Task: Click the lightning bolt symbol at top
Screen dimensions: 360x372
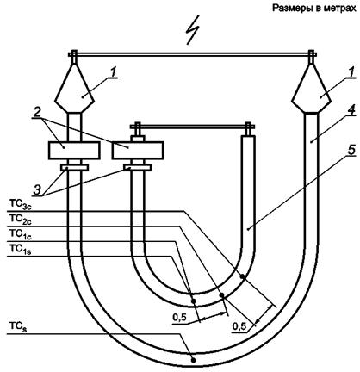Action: point(193,30)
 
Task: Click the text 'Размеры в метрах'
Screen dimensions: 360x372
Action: point(314,9)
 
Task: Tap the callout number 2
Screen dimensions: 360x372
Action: point(37,113)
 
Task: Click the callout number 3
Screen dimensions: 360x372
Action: point(37,190)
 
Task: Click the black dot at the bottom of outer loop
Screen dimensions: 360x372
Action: point(194,360)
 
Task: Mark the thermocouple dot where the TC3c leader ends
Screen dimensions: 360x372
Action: point(242,276)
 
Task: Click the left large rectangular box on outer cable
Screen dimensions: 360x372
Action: point(74,150)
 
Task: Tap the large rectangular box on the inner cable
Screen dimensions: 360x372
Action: point(138,150)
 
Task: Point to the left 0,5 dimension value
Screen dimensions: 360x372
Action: point(180,318)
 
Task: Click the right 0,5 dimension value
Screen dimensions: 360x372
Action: point(239,326)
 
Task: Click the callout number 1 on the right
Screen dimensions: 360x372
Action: point(351,73)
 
